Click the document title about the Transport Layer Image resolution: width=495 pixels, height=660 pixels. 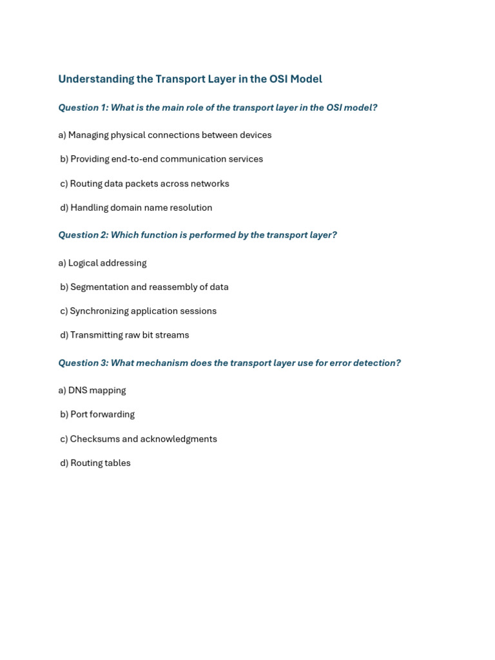pos(190,79)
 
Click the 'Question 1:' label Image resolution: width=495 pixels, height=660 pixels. pos(83,108)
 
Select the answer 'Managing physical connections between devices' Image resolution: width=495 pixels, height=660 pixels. pos(165,135)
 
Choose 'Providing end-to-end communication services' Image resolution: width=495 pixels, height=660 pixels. pos(162,159)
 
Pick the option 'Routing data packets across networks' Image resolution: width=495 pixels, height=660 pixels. pos(145,184)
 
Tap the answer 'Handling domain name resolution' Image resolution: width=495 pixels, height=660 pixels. pos(137,208)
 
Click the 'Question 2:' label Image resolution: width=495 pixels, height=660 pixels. pos(83,235)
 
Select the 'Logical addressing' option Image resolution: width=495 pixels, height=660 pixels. pos(102,263)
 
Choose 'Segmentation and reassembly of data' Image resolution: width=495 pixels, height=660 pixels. pos(144,287)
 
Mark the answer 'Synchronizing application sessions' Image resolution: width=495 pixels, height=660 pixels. pos(139,311)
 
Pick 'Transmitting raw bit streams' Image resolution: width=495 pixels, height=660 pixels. pos(125,335)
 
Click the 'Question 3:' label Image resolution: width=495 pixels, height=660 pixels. pos(83,363)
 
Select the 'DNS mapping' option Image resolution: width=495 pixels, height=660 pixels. pos(92,391)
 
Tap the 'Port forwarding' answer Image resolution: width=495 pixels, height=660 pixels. pos(97,414)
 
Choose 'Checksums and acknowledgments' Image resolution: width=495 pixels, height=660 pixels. pos(139,439)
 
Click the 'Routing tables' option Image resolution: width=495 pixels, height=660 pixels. pos(95,463)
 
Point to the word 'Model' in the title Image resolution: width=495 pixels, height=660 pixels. pos(306,79)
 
